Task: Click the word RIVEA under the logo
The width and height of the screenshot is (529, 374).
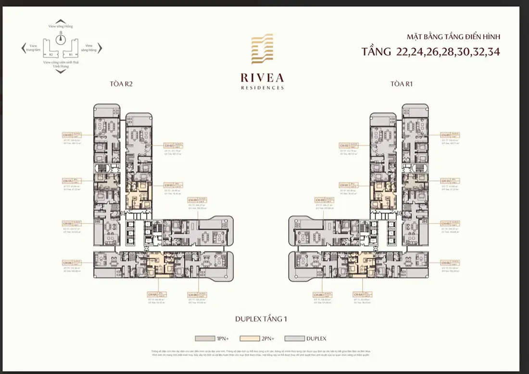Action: [263, 78]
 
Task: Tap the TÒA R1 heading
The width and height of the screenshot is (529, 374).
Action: [402, 84]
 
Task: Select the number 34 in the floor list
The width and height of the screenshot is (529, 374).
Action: [492, 51]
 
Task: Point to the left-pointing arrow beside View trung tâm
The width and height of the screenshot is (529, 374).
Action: [23, 48]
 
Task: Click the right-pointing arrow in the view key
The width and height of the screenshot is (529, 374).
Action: [100, 48]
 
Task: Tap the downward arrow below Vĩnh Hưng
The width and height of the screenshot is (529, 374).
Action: [61, 72]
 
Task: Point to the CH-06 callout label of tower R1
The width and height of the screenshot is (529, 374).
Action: [445, 262]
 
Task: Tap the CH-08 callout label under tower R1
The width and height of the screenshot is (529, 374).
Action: [318, 295]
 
